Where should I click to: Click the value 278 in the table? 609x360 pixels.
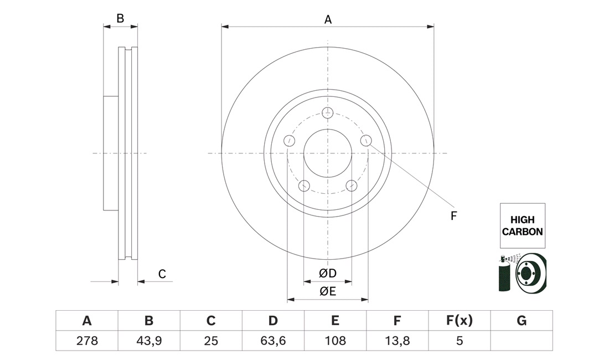pos(87,341)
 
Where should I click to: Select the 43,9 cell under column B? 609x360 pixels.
pos(149,341)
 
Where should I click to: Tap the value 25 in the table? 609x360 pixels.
pos(211,341)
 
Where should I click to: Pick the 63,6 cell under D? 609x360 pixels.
pos(273,341)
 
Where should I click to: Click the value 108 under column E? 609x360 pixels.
pos(335,341)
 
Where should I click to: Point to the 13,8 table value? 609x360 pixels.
pos(398,341)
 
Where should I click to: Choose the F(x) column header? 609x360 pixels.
pos(460,321)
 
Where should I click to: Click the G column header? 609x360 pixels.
pos(522,321)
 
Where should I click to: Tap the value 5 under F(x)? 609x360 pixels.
pos(460,341)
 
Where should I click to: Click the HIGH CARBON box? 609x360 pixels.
pos(523,225)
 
